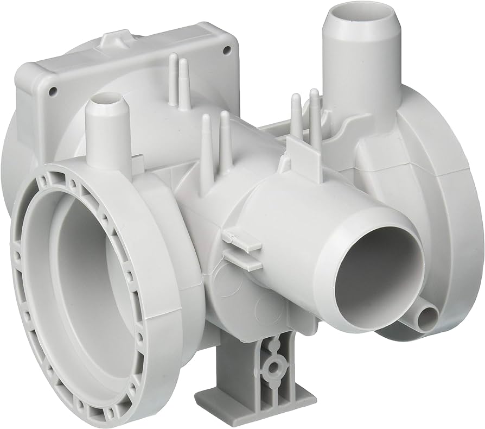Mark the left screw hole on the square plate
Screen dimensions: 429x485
tap(53, 91)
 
